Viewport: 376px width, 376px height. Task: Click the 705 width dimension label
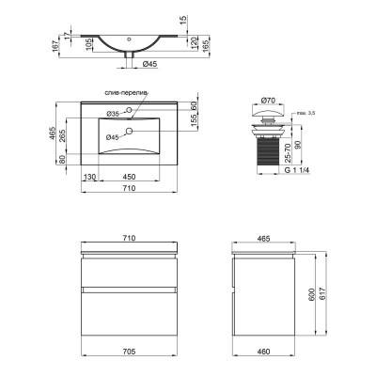pos(129,352)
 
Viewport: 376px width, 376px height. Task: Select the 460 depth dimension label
pos(263,352)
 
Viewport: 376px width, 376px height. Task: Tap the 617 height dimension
pos(323,293)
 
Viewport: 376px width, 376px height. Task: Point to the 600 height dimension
pos(311,295)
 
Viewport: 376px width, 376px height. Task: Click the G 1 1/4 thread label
pos(296,171)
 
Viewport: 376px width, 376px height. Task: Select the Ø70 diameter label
pos(268,101)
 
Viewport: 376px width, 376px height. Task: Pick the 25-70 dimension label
pos(289,152)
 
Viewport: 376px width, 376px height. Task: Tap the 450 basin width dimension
pos(129,177)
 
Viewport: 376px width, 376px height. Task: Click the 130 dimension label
pos(89,177)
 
